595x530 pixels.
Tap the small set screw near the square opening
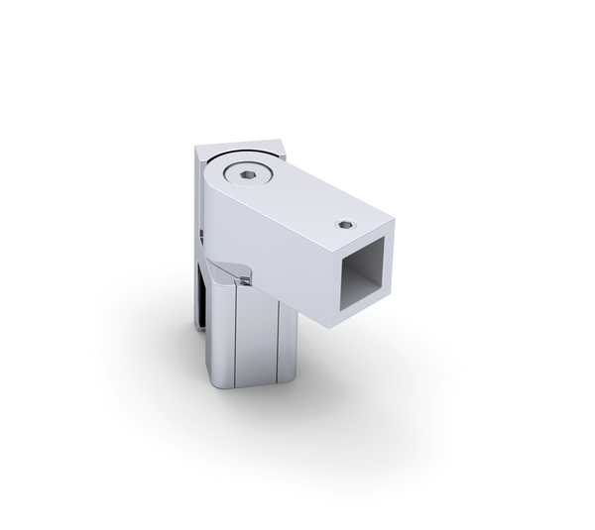(x=344, y=225)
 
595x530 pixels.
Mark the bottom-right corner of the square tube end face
(x=393, y=297)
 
